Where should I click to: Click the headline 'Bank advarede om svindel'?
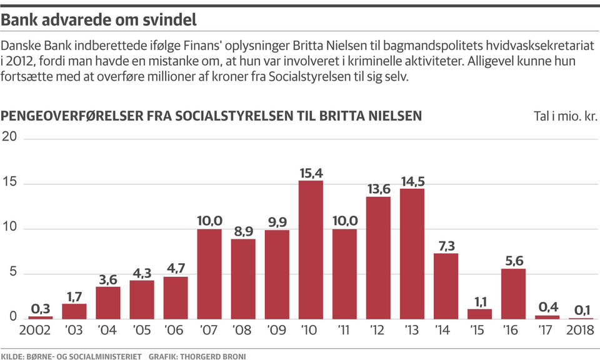[x=99, y=20]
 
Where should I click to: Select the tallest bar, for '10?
[x=311, y=250]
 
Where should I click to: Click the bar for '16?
[x=514, y=294]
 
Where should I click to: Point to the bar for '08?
[x=243, y=279]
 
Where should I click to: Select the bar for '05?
[x=142, y=300]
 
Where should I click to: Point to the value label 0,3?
[x=41, y=309]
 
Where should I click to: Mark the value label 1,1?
[x=480, y=302]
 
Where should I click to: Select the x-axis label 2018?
[x=581, y=329]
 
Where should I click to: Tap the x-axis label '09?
[x=277, y=329]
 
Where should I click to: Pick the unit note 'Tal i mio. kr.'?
[x=565, y=117]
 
